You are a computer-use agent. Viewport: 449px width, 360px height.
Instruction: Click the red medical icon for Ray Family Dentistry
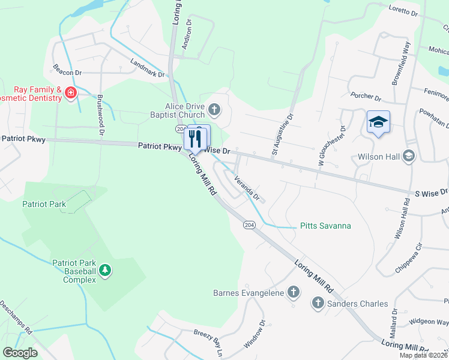coord(71,93)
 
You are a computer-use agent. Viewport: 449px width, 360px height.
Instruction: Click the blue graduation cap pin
coord(378,122)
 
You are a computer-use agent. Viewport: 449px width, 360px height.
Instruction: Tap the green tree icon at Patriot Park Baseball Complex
coord(106,271)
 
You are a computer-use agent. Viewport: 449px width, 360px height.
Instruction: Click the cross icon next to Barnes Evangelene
coord(293,292)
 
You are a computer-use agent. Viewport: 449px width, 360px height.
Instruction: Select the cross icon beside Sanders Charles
coord(318,304)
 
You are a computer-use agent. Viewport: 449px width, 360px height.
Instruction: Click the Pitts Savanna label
coord(325,226)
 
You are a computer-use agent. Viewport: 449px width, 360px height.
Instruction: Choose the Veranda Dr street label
coord(247,188)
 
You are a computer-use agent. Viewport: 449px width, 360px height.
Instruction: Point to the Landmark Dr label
coord(148,67)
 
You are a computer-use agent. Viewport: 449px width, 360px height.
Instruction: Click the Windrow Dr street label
coord(255,335)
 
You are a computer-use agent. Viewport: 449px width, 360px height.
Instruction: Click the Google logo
coord(20,353)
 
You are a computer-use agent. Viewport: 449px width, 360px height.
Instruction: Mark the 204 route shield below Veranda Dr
coord(250,224)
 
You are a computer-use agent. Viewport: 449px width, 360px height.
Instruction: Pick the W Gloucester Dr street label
coord(331,146)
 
